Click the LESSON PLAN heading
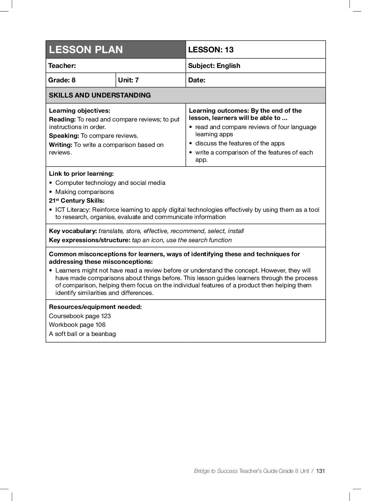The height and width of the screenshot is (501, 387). pos(86,50)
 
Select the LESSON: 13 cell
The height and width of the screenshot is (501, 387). pos(211,50)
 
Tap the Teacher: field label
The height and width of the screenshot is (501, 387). pos(62,66)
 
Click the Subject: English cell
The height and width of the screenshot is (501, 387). pos(214,66)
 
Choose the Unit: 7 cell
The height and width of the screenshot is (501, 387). pos(128,80)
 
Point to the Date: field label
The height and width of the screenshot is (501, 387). pos(197,80)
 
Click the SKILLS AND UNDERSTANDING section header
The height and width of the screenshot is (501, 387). pos(100,95)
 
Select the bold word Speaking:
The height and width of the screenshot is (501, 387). pos(64,136)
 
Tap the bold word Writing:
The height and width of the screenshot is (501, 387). pos(60,145)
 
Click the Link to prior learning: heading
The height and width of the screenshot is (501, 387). pos(81,174)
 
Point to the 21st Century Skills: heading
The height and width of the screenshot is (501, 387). pos(77,201)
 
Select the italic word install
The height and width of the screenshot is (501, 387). pos(236,231)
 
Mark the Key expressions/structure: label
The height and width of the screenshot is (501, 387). pos(90,240)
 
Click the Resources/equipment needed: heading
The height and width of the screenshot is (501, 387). pos(95,307)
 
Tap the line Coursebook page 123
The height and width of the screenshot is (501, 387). pos(80,316)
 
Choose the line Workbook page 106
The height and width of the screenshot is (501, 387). pos(77,325)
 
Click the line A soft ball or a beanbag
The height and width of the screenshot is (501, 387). pos(82,334)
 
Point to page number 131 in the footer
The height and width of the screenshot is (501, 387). pos(321,471)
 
